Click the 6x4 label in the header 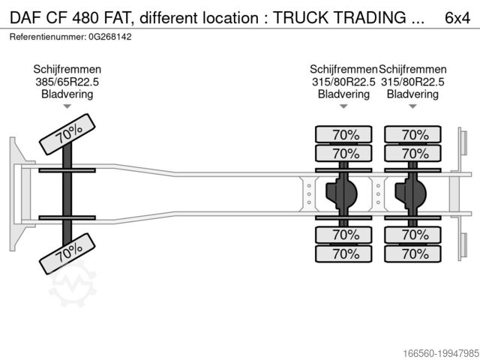click(x=457, y=16)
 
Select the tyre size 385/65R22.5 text click(x=67, y=82)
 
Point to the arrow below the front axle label click(x=67, y=106)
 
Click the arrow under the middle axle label click(x=343, y=106)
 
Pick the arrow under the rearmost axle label click(x=412, y=106)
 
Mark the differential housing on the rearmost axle click(x=410, y=193)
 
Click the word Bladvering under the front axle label click(x=67, y=94)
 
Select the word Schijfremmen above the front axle click(x=67, y=70)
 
